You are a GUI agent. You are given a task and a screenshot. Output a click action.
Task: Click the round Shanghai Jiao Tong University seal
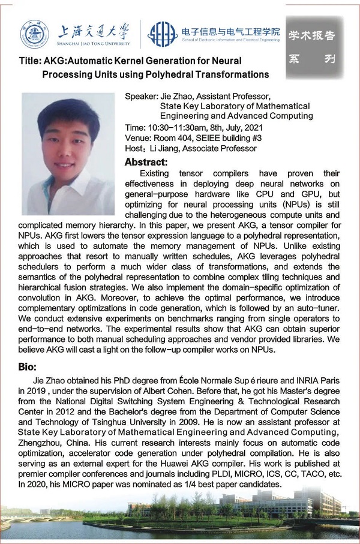pyautogui.click(x=34, y=34)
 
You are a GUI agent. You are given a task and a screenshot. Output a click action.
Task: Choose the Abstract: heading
pyautogui.click(x=146, y=162)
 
